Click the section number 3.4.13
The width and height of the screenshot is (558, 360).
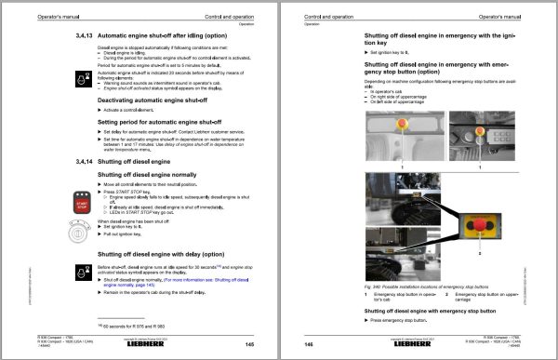click(x=83, y=34)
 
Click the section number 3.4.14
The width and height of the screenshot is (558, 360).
click(x=83, y=160)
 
